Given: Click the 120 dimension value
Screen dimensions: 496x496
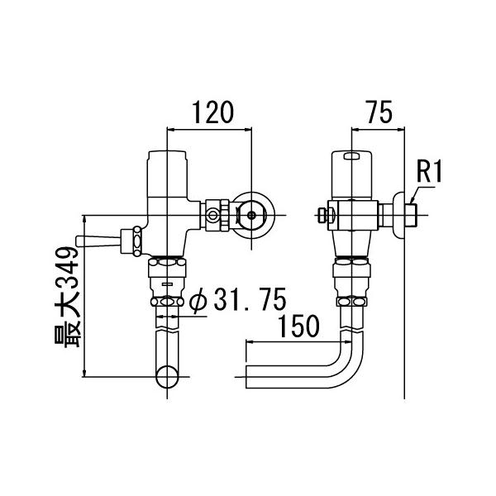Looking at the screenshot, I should [210, 111].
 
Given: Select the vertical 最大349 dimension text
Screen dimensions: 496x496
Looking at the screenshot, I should [69, 293].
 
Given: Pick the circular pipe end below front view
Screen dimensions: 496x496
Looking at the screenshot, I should [169, 379].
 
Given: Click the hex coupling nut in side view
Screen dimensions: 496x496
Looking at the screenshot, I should [352, 270].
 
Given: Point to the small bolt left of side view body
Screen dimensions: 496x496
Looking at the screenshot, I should [322, 217].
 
